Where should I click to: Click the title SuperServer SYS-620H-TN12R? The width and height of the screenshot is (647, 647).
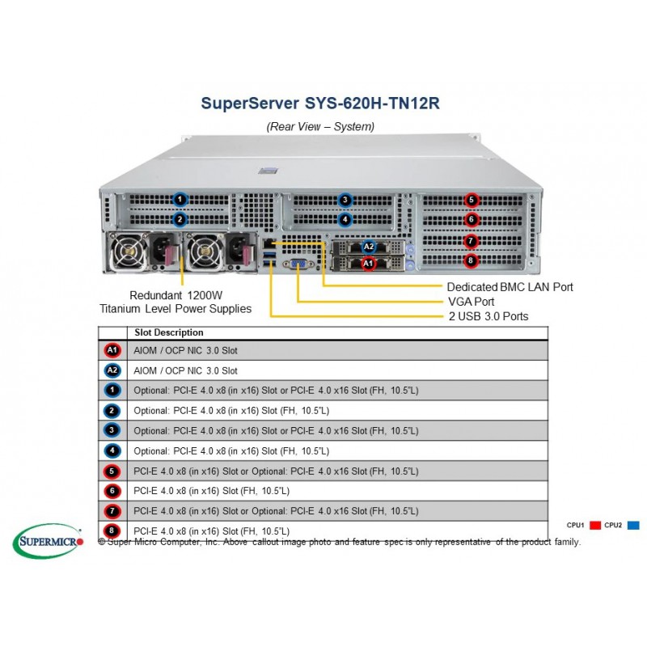(320, 104)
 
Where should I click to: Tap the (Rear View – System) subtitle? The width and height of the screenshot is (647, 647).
(320, 126)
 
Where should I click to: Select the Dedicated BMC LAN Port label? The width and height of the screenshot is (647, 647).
(510, 286)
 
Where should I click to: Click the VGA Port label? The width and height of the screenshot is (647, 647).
(473, 301)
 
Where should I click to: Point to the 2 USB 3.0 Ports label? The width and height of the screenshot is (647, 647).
(488, 315)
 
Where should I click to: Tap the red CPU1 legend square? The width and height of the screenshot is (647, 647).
(595, 525)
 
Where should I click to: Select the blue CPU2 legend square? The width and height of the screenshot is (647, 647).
(632, 525)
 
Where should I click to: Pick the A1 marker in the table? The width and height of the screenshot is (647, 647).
(112, 350)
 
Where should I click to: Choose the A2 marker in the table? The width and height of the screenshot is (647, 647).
(112, 370)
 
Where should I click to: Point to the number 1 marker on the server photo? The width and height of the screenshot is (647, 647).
(180, 199)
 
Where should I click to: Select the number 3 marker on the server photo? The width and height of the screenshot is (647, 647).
(345, 200)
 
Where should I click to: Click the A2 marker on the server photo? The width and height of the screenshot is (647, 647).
(368, 246)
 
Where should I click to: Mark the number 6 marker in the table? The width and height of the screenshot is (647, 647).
(112, 491)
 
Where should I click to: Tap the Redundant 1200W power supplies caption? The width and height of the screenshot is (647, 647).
(175, 302)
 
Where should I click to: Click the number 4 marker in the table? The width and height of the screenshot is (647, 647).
(112, 450)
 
